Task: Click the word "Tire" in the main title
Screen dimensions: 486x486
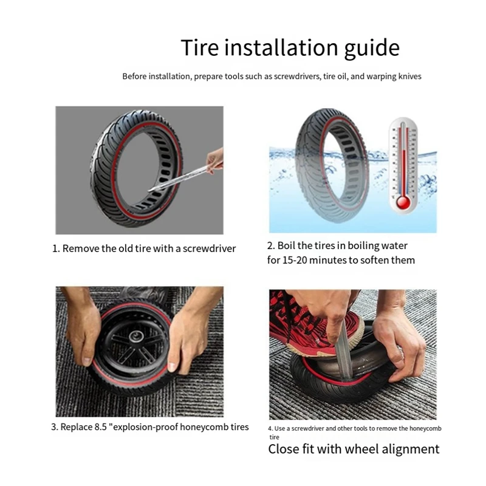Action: tap(200, 47)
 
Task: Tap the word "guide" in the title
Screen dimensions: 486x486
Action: tap(372, 49)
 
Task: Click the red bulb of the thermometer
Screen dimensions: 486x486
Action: tap(403, 202)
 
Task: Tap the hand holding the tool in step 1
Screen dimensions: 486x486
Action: tap(215, 160)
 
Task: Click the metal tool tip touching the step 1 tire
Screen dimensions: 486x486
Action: tap(152, 190)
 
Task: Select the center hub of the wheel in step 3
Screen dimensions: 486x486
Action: tap(136, 337)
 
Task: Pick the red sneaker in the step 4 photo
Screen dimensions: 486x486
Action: tap(316, 326)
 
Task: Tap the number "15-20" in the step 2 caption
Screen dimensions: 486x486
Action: tap(295, 260)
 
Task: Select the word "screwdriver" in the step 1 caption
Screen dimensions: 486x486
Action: tap(209, 248)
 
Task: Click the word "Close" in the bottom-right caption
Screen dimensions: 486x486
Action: tap(283, 449)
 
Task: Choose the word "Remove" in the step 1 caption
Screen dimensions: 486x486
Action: tap(81, 248)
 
